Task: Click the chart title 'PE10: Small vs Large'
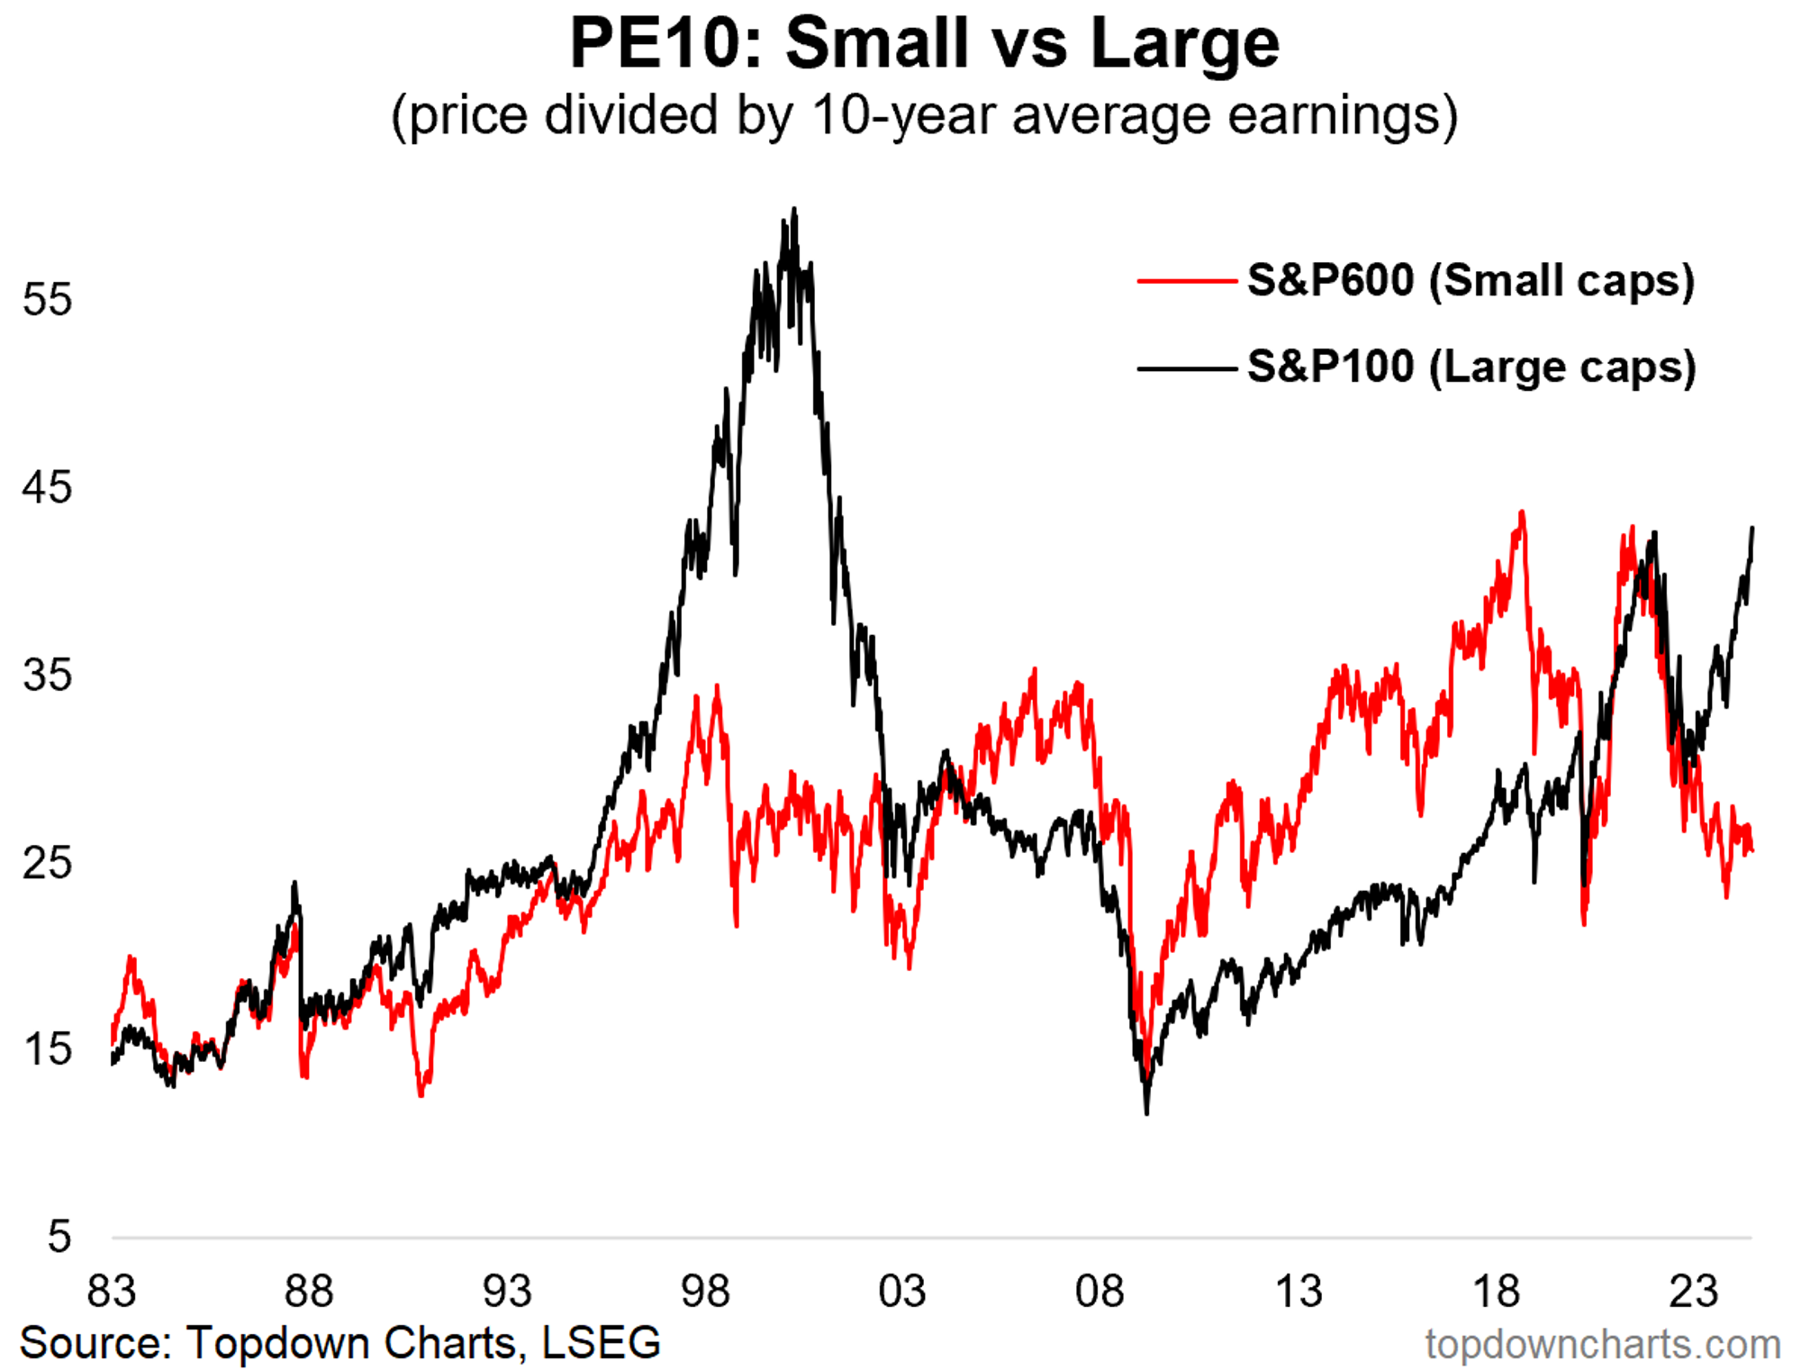pyautogui.click(x=924, y=42)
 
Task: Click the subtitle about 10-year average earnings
pyautogui.click(x=924, y=116)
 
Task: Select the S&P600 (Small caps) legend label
pyautogui.click(x=1471, y=280)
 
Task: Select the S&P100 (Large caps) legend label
pyautogui.click(x=1471, y=367)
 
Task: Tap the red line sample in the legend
pyautogui.click(x=1187, y=281)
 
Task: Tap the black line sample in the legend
pyautogui.click(x=1187, y=367)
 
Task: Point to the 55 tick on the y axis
pyautogui.click(x=47, y=299)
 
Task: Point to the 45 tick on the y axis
pyautogui.click(x=47, y=487)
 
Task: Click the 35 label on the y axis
pyautogui.click(x=47, y=675)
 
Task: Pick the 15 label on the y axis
pyautogui.click(x=47, y=1049)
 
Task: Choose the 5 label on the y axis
pyautogui.click(x=59, y=1237)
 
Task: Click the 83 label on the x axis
pyautogui.click(x=112, y=1291)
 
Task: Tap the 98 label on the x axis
pyautogui.click(x=705, y=1291)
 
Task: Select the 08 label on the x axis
pyautogui.click(x=1100, y=1291)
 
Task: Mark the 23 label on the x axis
pyautogui.click(x=1694, y=1291)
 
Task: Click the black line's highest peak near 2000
pyautogui.click(x=794, y=209)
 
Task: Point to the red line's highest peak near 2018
pyautogui.click(x=1522, y=513)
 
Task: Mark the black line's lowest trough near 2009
pyautogui.click(x=1147, y=1113)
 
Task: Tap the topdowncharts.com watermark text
pyautogui.click(x=1603, y=1344)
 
